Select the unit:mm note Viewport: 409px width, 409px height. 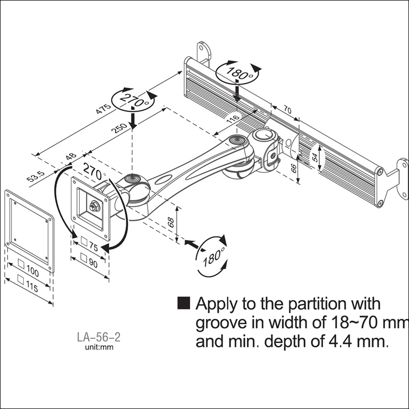click(x=99, y=348)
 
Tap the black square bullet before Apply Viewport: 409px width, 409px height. click(x=184, y=303)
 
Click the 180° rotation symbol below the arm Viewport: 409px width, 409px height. click(x=212, y=258)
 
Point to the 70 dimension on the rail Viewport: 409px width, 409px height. click(x=287, y=110)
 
